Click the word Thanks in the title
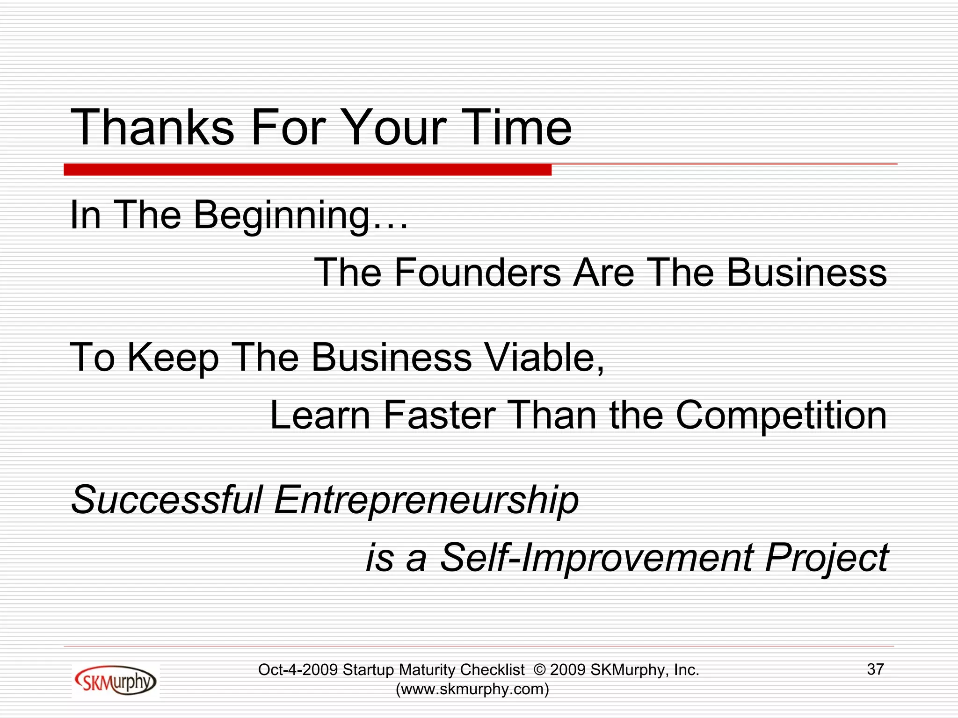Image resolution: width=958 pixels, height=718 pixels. click(152, 127)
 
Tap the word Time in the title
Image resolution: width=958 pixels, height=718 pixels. click(519, 127)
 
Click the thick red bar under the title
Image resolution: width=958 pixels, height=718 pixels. click(307, 170)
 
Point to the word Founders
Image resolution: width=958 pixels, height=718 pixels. click(477, 273)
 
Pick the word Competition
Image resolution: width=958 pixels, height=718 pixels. click(781, 416)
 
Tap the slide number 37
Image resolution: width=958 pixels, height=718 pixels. click(875, 669)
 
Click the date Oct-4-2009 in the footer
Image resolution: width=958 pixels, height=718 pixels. click(298, 670)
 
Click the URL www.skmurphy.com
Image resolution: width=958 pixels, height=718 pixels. click(472, 689)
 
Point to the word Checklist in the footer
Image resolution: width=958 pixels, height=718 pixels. click(492, 670)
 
